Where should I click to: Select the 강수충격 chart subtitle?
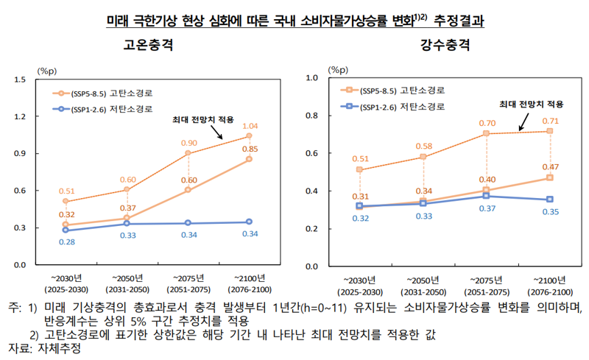coord(445,45)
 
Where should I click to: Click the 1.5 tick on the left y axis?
coord(21,80)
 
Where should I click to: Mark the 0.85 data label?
coord(250,149)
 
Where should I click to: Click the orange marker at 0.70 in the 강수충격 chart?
coord(487,134)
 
